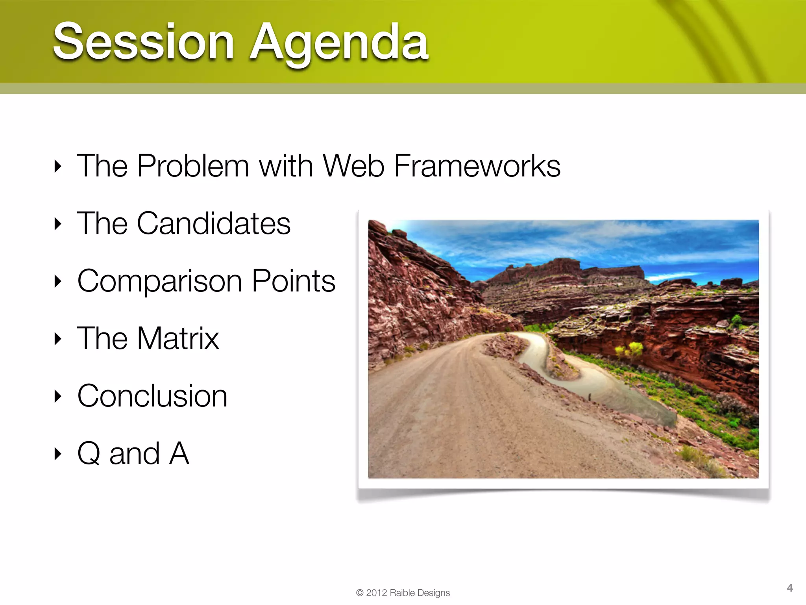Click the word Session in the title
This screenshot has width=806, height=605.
click(x=144, y=41)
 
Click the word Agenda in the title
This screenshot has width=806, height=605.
click(x=339, y=43)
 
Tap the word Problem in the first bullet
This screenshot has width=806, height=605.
click(x=193, y=166)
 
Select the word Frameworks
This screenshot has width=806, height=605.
click(x=477, y=166)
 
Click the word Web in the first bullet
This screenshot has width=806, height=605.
click(x=353, y=166)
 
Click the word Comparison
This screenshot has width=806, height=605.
click(x=159, y=282)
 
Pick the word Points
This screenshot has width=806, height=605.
click(x=294, y=281)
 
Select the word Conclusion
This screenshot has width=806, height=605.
click(x=152, y=396)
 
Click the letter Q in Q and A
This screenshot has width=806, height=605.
click(x=89, y=453)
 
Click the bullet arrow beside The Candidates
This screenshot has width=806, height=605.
click(x=58, y=224)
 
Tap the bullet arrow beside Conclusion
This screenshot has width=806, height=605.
click(x=58, y=396)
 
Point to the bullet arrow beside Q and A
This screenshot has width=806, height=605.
click(x=58, y=454)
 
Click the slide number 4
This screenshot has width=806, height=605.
click(x=789, y=588)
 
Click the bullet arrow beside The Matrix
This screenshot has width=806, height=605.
click(x=58, y=339)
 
